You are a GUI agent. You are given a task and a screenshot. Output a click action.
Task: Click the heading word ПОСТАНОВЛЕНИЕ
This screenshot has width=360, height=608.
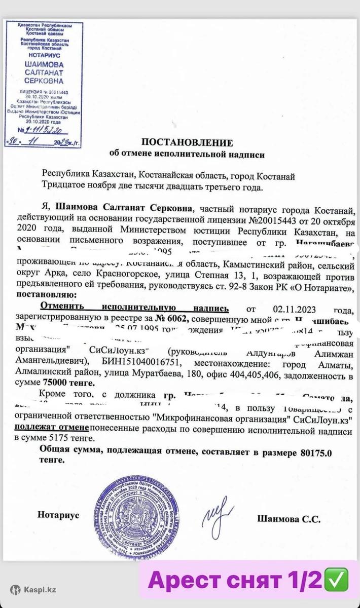pos(187,142)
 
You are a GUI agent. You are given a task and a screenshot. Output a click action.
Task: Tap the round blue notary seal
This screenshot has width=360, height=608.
pos(136,513)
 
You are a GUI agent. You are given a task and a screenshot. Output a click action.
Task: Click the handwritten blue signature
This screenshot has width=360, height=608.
pos(219,516)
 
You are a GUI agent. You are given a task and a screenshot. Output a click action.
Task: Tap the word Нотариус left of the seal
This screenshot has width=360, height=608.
pos(58,515)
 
